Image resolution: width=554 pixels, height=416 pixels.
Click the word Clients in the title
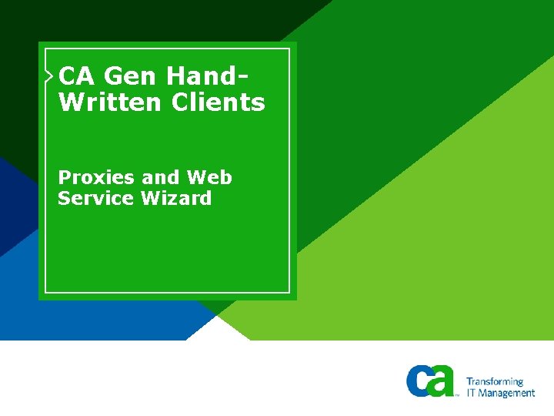pos(219,102)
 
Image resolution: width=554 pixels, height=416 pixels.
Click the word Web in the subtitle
pos(209,178)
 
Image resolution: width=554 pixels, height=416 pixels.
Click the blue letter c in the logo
pos(420,381)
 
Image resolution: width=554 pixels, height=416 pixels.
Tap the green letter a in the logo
pos(442,383)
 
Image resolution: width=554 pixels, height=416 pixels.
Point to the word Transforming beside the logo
pos(495,381)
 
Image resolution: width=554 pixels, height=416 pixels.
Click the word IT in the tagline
pos(472,393)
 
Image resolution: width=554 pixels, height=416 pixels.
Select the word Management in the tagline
pos(508,393)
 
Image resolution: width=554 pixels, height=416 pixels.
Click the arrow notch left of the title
pos(50,75)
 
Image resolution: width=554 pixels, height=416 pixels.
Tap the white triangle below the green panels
pos(219,329)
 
